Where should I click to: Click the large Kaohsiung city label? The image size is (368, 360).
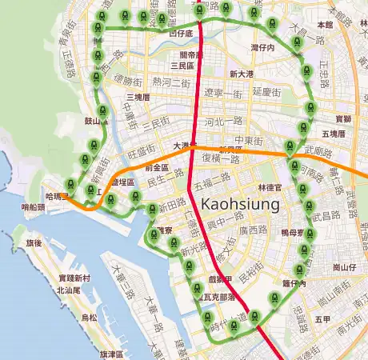point(241,204)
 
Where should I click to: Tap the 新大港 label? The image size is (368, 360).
point(241,74)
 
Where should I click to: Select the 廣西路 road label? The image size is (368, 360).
point(252,230)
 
